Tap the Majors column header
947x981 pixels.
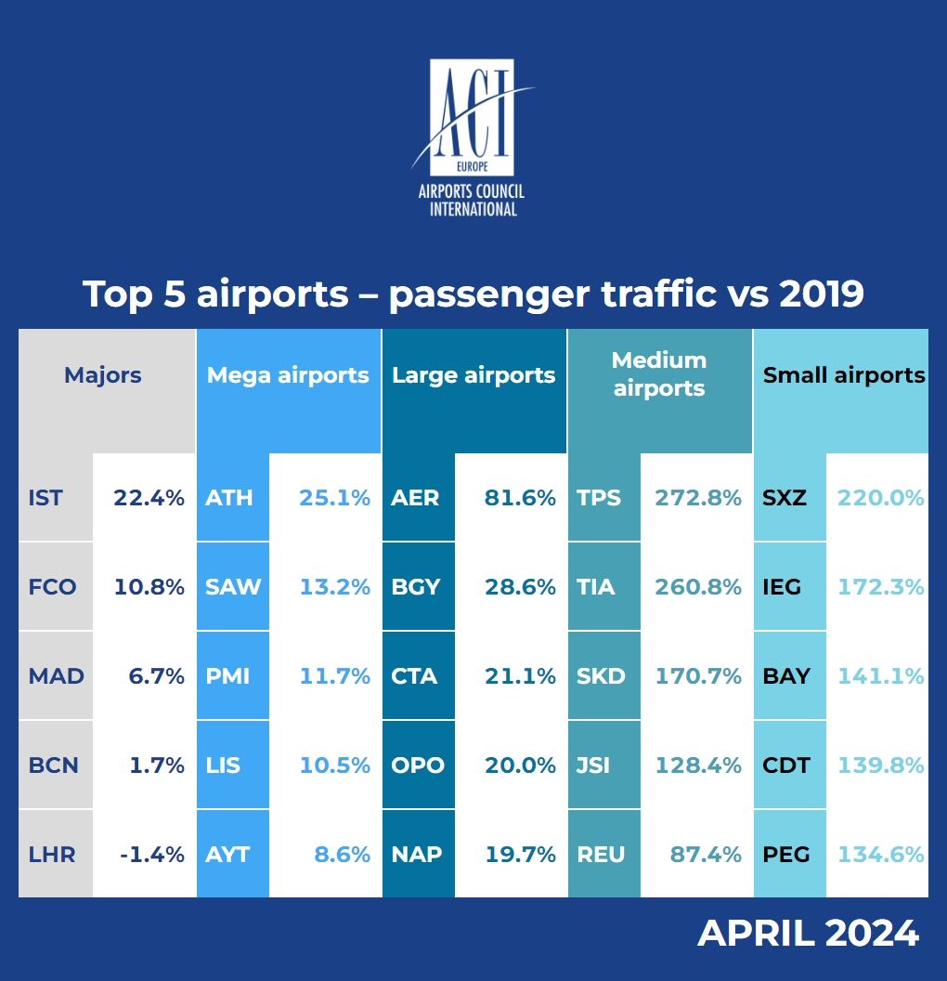tap(103, 375)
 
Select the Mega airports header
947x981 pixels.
tap(288, 375)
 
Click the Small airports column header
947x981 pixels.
tap(843, 375)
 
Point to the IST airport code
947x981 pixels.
tap(45, 498)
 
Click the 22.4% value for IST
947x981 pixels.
tap(149, 498)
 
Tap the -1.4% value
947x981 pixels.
tap(152, 855)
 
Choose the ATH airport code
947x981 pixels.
tap(229, 498)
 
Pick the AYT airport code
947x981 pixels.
tap(228, 855)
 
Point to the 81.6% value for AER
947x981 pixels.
tap(520, 498)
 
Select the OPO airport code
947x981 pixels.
tap(418, 765)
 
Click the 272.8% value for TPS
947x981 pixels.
tap(698, 498)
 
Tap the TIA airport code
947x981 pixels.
tap(596, 587)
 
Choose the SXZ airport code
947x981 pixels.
tap(785, 498)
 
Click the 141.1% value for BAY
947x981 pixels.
tap(881, 676)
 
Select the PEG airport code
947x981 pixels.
tap(785, 855)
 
